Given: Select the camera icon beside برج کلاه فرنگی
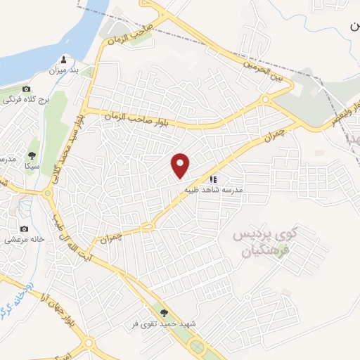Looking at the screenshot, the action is coord(27,89).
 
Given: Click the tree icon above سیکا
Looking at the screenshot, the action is coord(32,155).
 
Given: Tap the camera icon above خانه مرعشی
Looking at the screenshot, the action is coord(25,229).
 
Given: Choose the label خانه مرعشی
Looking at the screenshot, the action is coord(25,239).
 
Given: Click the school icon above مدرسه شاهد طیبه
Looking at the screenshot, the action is coord(213,179).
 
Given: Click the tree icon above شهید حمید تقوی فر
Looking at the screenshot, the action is coord(164,313).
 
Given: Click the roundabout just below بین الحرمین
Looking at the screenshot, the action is coord(265,101).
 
